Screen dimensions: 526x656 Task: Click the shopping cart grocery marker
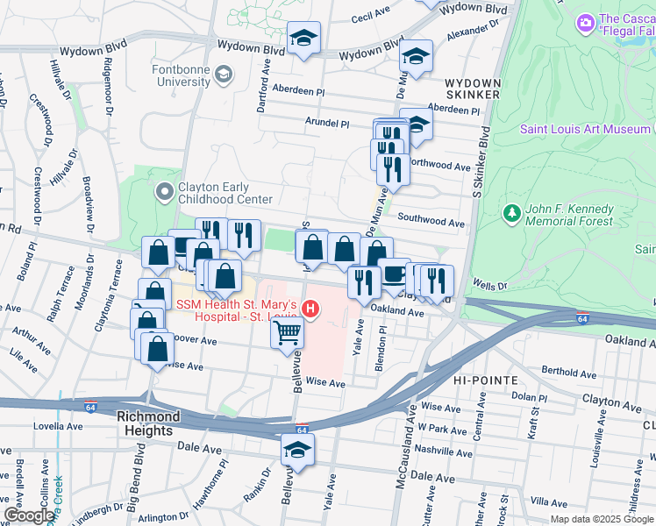[289, 333]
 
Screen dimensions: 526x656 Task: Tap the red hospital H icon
[310, 309]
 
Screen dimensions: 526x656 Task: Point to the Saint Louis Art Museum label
[584, 129]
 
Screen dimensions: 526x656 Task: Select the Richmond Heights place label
[149, 417]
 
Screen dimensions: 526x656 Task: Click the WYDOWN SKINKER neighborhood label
[473, 88]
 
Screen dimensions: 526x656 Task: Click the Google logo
[28, 515]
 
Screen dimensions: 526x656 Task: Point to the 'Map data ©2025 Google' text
[601, 519]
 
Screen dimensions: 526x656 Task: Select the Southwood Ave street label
[430, 223]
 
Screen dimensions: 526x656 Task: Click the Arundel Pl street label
[327, 124]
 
